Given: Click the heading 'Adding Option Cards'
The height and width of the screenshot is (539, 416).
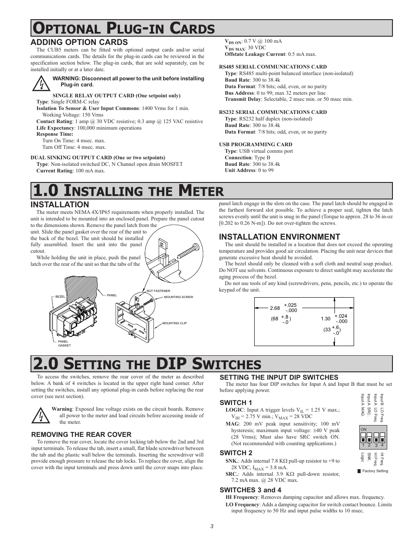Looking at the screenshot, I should point(79,42).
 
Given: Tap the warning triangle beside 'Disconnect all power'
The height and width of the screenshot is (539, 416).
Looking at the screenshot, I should point(41,82).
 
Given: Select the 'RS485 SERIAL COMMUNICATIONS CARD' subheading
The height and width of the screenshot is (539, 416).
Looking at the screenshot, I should point(273,67).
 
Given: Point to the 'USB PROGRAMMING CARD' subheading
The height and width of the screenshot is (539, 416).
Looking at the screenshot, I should point(256,144).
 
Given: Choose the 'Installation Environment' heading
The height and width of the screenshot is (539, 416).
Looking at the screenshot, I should point(279,237).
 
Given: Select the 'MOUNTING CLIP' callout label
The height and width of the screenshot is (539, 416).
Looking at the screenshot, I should point(174,323).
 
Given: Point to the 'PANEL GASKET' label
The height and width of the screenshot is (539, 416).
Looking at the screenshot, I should point(64,343).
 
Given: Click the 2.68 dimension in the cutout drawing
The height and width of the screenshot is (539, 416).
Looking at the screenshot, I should point(275,308).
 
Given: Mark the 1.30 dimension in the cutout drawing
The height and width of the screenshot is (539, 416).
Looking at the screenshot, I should point(325,319).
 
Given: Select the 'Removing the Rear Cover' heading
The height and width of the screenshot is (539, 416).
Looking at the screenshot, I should point(81,434).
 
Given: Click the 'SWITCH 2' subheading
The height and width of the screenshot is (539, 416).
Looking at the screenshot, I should point(236,453).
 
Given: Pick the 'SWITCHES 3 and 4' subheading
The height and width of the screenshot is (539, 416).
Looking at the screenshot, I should point(250,490).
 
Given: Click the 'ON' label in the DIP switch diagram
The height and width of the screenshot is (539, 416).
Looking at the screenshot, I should point(363,429).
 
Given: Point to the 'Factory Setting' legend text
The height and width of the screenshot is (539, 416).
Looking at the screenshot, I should point(375,471).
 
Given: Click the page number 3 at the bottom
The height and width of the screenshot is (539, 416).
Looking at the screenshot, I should point(211,526).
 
